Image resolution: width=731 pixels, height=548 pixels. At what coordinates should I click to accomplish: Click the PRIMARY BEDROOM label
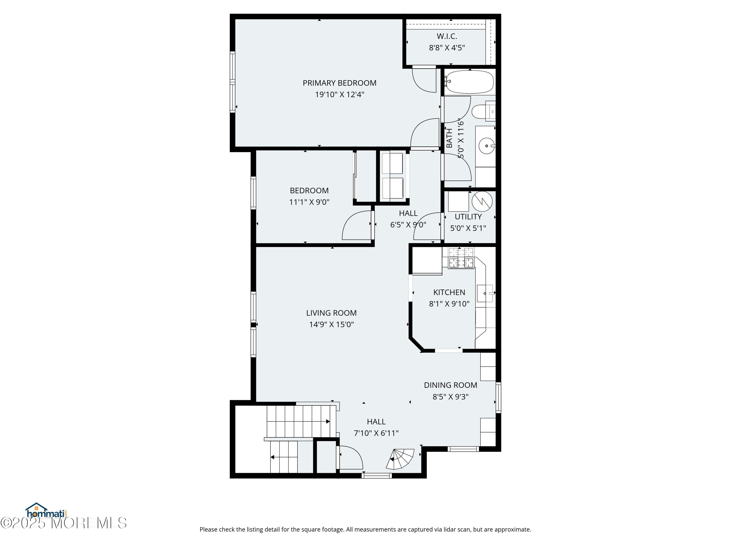[339, 83]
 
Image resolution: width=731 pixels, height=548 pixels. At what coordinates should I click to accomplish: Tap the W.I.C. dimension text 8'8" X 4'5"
[447, 47]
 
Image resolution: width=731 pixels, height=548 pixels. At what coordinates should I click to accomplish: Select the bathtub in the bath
[469, 82]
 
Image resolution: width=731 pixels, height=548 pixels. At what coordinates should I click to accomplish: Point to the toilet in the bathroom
[483, 112]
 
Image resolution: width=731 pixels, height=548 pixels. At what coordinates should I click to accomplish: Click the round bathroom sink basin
[486, 146]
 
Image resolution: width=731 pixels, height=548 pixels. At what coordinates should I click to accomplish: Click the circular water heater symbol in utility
[482, 201]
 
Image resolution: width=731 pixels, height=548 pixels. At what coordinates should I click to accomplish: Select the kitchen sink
[485, 293]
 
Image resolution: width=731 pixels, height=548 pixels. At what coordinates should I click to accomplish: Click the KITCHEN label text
[449, 292]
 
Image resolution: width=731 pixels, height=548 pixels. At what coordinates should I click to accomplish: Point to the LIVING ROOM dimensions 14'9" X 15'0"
[331, 324]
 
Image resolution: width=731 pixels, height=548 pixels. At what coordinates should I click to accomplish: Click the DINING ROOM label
[451, 385]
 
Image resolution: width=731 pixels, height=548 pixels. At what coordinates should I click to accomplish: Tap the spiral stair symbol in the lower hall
[401, 459]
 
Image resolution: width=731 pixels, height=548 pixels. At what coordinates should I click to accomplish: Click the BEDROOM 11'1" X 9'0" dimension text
[309, 202]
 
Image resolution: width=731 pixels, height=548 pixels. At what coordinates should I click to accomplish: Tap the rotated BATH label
[449, 138]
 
